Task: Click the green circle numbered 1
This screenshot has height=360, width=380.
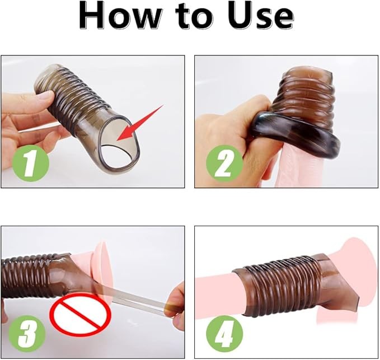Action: pos(30,163)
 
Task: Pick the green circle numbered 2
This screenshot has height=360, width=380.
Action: pos(224,163)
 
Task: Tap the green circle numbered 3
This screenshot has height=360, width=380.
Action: pos(27,334)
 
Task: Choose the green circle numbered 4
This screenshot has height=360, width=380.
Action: pos(224,334)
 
